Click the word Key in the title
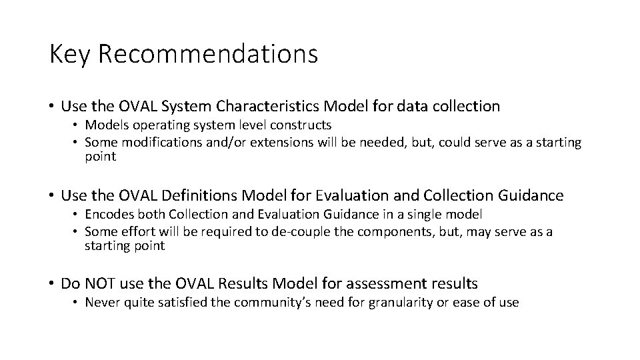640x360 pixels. click(x=69, y=54)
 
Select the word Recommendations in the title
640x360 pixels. click(x=208, y=54)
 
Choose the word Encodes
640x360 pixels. click(x=107, y=214)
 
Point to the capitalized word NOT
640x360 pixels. click(x=97, y=283)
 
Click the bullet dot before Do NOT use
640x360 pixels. click(x=52, y=284)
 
